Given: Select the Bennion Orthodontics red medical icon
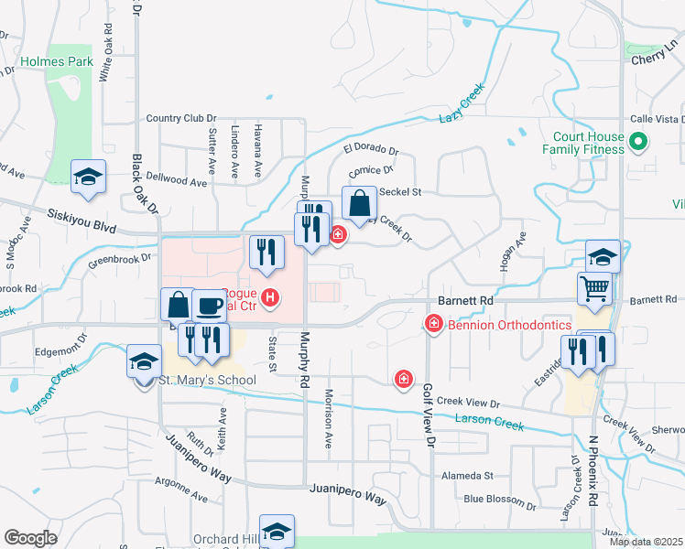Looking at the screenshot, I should click(434, 324).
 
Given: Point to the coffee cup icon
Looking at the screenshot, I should click(210, 304).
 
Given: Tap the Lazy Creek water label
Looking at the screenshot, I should click(461, 111).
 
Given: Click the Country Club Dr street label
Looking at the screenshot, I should click(181, 119).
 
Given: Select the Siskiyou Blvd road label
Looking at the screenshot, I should click(82, 220).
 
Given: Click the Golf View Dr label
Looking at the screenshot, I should click(427, 415).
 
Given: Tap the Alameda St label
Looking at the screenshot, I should click(467, 476).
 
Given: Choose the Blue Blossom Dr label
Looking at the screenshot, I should click(500, 500).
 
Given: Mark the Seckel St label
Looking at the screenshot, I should click(399, 192).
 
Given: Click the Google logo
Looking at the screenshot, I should click(31, 538).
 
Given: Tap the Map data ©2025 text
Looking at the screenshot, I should click(646, 542).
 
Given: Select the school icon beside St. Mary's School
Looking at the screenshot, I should click(144, 361).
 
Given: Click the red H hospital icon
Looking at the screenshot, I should click(270, 296).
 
